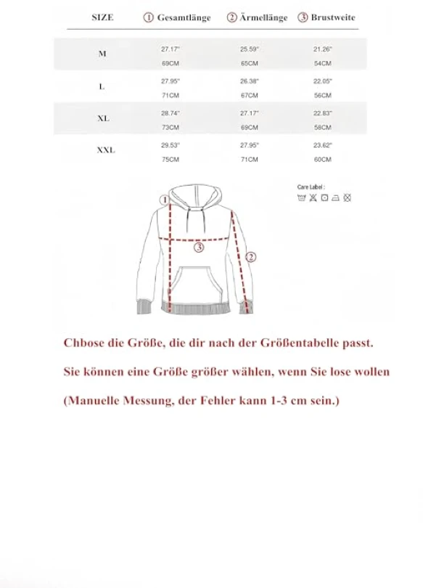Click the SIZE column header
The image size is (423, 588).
point(102,17)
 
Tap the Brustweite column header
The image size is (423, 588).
point(327,17)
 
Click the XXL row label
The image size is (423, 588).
point(106,151)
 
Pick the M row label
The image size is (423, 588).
point(102,54)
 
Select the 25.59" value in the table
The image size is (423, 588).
point(250,49)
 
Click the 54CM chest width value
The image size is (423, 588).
point(322,62)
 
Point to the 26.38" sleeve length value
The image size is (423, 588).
point(250,81)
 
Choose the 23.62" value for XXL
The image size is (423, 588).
point(322,145)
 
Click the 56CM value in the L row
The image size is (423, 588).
point(322,95)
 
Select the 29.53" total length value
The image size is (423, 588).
point(170,145)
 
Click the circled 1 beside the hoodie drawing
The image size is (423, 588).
point(165,199)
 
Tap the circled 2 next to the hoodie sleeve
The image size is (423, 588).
point(251,256)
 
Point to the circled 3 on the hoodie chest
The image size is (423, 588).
point(199,248)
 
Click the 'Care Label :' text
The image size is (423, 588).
point(311,187)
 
